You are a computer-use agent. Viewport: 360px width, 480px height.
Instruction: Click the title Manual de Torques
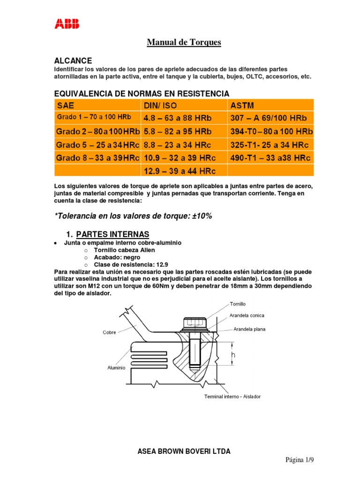click(184, 43)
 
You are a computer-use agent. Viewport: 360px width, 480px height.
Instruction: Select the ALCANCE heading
click(73, 61)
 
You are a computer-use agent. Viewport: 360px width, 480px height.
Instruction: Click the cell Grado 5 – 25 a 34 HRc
click(96, 145)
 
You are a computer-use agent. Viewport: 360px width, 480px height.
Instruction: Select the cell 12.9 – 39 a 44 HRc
click(179, 172)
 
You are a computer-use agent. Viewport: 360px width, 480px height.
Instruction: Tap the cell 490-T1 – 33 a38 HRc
click(270, 158)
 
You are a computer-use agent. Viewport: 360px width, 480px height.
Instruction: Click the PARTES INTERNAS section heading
click(112, 234)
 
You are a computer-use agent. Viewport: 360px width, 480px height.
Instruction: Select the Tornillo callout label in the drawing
click(238, 304)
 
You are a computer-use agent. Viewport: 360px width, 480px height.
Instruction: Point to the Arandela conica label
click(248, 315)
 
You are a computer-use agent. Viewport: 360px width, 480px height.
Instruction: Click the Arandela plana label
click(249, 329)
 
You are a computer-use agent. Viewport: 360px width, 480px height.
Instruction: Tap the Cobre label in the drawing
click(109, 332)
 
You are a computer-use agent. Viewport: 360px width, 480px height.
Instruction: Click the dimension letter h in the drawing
click(233, 357)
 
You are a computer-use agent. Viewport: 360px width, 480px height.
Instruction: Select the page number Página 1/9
click(300, 460)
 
